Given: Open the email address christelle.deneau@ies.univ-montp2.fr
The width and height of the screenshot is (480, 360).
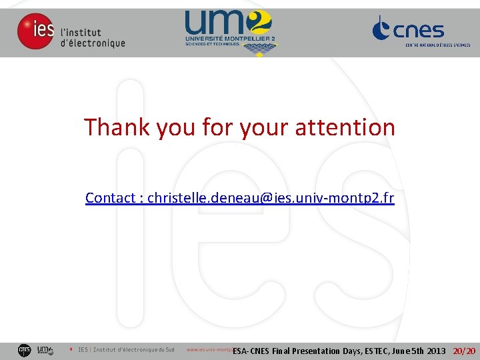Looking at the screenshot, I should point(271,198).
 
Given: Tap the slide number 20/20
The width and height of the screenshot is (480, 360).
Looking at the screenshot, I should point(465,351).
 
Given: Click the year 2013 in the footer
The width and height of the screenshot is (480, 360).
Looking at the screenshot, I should point(435,351).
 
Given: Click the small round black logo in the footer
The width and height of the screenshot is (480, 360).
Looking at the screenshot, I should point(24,350).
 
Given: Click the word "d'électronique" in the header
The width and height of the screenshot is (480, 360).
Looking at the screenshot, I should point(93,43).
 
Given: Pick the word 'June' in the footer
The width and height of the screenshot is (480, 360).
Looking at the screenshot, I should point(402,351).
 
